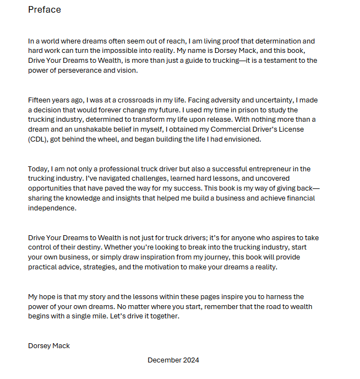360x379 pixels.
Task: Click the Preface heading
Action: click(x=45, y=10)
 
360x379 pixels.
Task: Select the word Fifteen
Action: click(x=41, y=100)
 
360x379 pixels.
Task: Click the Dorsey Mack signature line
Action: click(x=49, y=346)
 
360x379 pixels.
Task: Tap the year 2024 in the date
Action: click(x=190, y=360)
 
